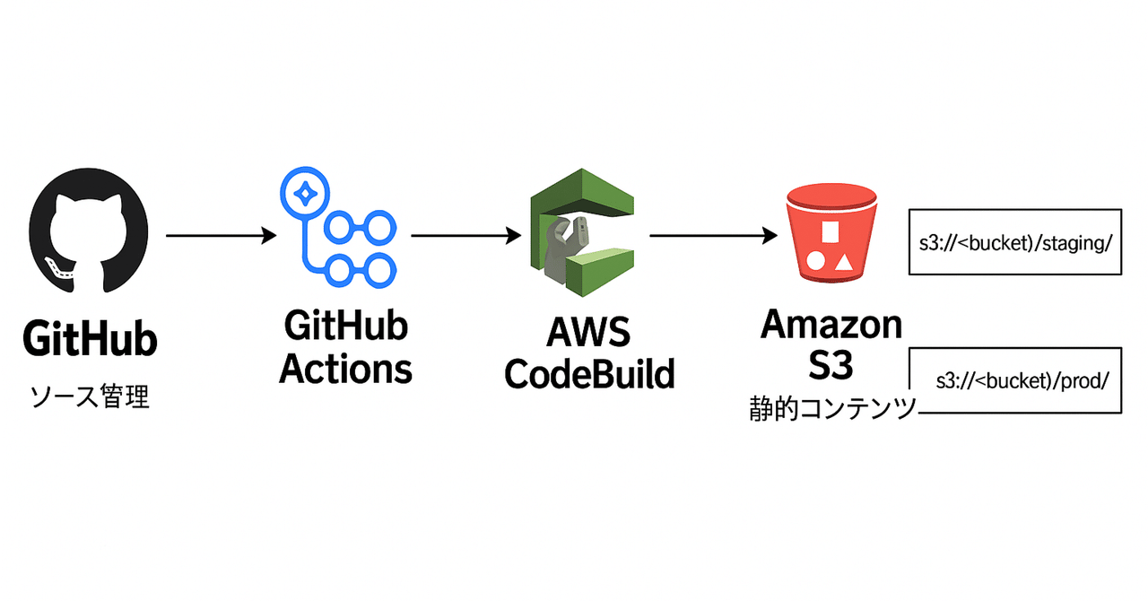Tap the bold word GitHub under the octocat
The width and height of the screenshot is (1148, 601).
(90, 341)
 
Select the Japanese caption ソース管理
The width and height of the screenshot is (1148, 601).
(90, 396)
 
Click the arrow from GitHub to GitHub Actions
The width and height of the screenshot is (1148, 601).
(221, 236)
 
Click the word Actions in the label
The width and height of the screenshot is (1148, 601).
(346, 368)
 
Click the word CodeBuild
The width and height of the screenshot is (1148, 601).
(589, 373)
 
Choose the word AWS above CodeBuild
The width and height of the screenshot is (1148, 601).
(589, 335)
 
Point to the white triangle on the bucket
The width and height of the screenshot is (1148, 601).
(844, 262)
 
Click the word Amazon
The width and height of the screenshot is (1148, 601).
(831, 325)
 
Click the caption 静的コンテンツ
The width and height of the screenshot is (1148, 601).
(832, 410)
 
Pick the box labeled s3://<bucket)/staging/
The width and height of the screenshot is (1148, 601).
(1014, 242)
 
